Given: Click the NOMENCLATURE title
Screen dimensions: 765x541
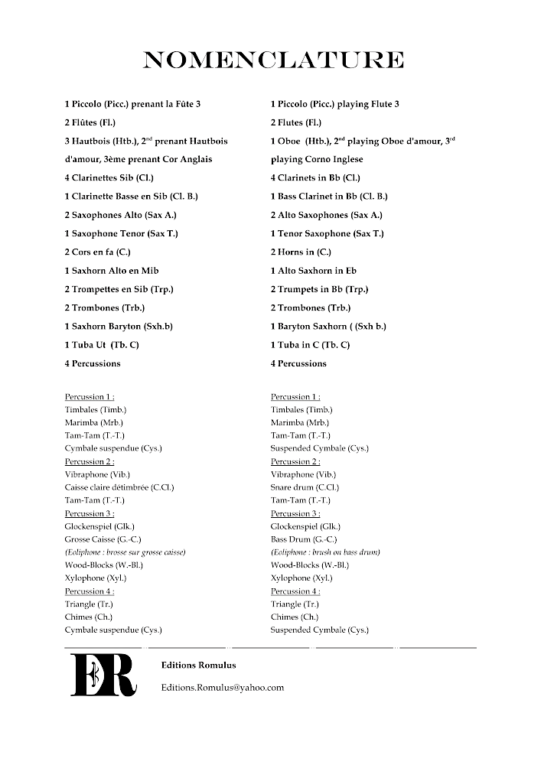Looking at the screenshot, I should pyautogui.click(x=273, y=60).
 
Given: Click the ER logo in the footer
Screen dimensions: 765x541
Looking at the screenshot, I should pyautogui.click(x=103, y=674).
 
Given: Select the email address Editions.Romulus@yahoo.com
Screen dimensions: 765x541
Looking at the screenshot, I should pyautogui.click(x=222, y=687).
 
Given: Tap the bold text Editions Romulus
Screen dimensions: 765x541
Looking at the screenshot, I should pyautogui.click(x=198, y=666).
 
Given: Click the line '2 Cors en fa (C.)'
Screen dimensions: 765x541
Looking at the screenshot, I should pyautogui.click(x=103, y=252).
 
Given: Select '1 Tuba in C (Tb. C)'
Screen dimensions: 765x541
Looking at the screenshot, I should pyautogui.click(x=310, y=345).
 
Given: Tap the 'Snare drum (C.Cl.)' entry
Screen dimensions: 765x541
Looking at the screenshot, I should pyautogui.click(x=305, y=487).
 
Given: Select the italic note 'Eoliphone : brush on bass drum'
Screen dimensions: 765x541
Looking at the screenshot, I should pyautogui.click(x=325, y=552).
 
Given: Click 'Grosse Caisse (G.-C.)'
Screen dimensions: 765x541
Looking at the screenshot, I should pyautogui.click(x=103, y=539).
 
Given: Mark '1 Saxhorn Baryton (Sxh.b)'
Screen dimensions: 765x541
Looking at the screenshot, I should pyautogui.click(x=119, y=327).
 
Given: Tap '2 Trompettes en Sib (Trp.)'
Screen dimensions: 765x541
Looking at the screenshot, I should pyautogui.click(x=119, y=289).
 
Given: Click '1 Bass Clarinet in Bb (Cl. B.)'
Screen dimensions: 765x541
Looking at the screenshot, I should pyautogui.click(x=329, y=197).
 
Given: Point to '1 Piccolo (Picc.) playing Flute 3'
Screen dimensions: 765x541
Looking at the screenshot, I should pyautogui.click(x=334, y=104).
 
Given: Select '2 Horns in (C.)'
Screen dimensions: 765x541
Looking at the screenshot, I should pyautogui.click(x=301, y=252).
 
